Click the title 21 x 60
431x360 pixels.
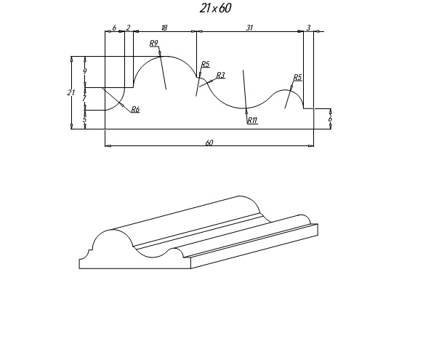tap(215, 8)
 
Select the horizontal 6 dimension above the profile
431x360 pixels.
tap(114, 28)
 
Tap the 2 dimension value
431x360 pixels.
tap(128, 28)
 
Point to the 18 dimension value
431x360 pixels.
tap(164, 28)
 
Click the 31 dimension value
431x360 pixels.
tap(249, 28)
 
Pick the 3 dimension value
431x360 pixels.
tap(308, 28)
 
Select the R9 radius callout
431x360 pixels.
tap(154, 44)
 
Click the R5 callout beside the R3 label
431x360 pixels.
tap(206, 64)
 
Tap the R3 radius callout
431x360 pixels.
tap(221, 75)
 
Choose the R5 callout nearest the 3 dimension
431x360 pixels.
tap(298, 77)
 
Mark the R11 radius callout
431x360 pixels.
tap(252, 120)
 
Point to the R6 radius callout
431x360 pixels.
tap(135, 110)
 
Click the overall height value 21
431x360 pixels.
tap(71, 92)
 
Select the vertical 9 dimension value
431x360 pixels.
tap(85, 71)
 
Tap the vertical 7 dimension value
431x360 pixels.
tap(84, 98)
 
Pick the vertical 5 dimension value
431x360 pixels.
tap(84, 119)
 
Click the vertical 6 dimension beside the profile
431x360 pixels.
tap(330, 119)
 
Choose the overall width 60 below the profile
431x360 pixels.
tap(209, 143)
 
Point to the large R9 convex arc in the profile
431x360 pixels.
tap(165, 57)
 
